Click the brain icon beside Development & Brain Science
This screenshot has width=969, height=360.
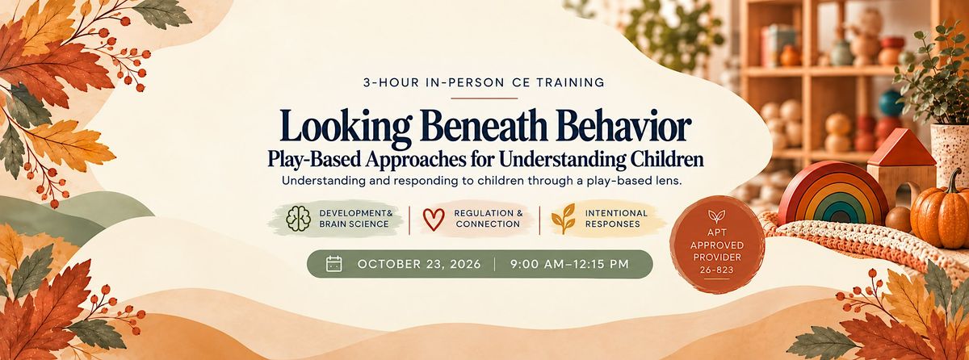[299, 218]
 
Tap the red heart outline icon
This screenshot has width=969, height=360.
[434, 219]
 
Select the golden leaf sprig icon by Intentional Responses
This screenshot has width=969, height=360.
[564, 219]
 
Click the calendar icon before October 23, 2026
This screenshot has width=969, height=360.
[334, 264]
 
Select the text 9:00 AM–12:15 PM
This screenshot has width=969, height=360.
[569, 264]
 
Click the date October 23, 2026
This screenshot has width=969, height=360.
[419, 264]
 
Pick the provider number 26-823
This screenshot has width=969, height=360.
[717, 270]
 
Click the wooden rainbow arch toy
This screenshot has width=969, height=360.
[833, 193]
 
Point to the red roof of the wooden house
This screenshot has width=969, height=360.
[901, 149]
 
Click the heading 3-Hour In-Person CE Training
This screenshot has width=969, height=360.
[484, 83]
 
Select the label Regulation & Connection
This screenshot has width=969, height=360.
[489, 219]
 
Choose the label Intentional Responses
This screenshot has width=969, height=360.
[616, 219]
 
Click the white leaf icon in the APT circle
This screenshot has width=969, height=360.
[716, 216]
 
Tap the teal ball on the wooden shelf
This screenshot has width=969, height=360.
[891, 103]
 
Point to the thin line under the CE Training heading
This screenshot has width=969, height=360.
[484, 98]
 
